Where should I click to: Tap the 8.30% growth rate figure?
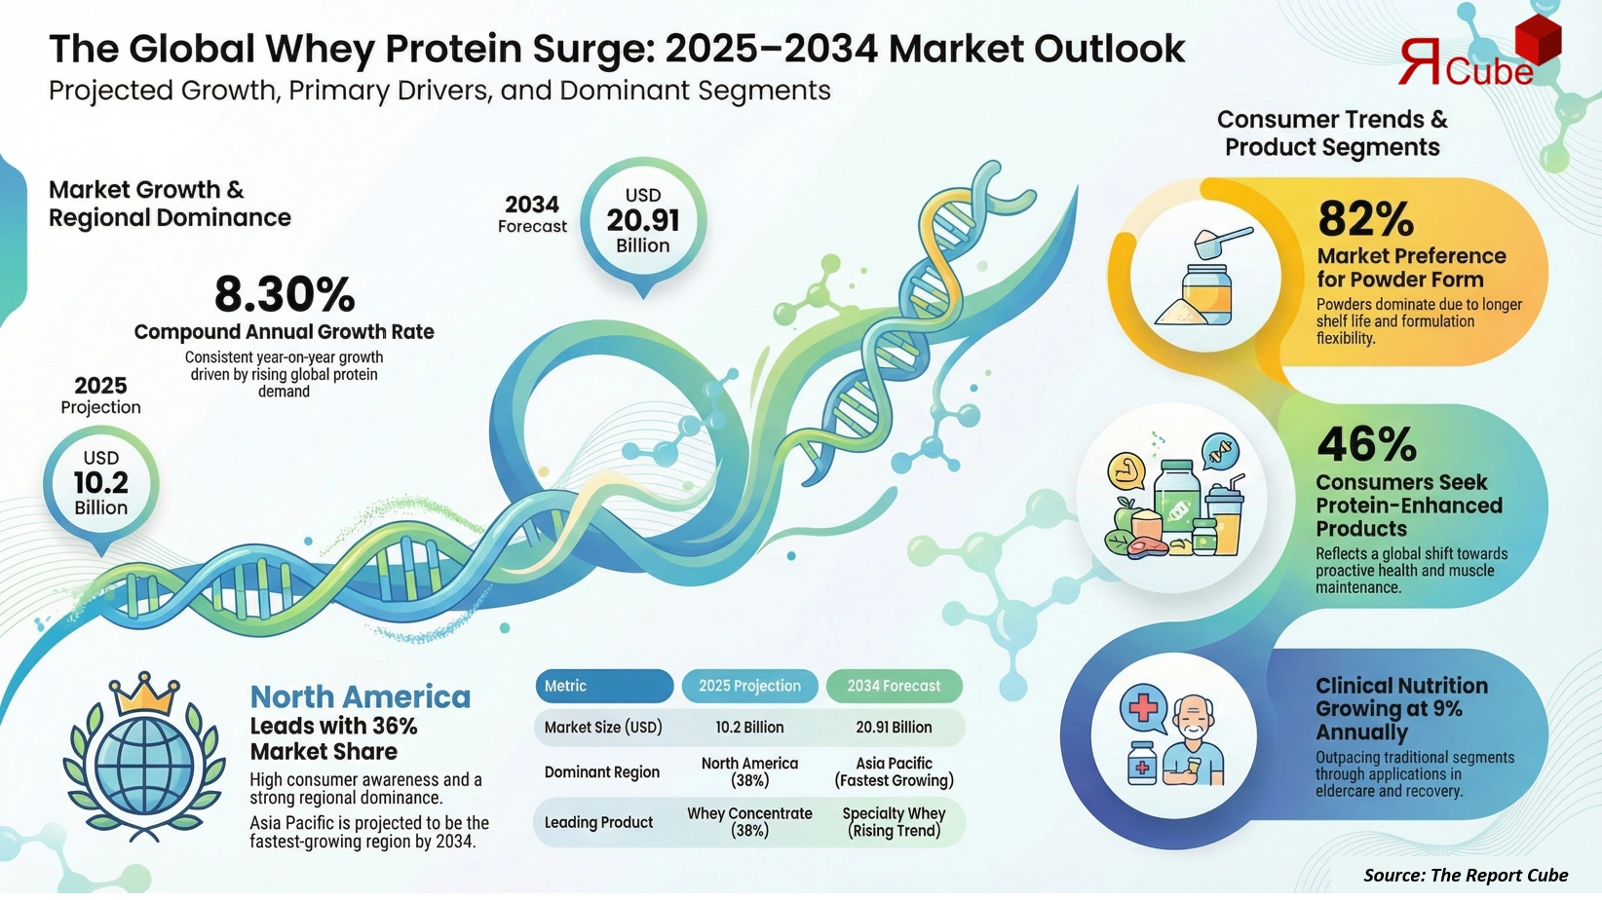tap(285, 294)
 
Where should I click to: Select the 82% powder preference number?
tap(1365, 219)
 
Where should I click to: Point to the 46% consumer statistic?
tap(1366, 445)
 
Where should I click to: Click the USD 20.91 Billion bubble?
tap(642, 221)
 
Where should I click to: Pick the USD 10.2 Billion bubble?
tap(100, 483)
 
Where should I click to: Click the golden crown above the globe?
tap(144, 694)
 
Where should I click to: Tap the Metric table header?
tap(603, 686)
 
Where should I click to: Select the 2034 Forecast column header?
tap(894, 686)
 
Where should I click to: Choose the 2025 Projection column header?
tap(749, 686)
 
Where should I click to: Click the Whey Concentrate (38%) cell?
tap(749, 822)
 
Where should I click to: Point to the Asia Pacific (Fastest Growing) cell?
tap(894, 771)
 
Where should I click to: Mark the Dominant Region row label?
tap(601, 772)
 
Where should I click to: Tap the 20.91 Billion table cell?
tap(894, 728)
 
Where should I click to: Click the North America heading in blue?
tap(360, 697)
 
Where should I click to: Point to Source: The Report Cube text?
tap(1465, 875)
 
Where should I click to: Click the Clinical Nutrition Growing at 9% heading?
tap(1400, 709)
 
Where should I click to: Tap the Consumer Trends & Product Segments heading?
tap(1331, 133)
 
